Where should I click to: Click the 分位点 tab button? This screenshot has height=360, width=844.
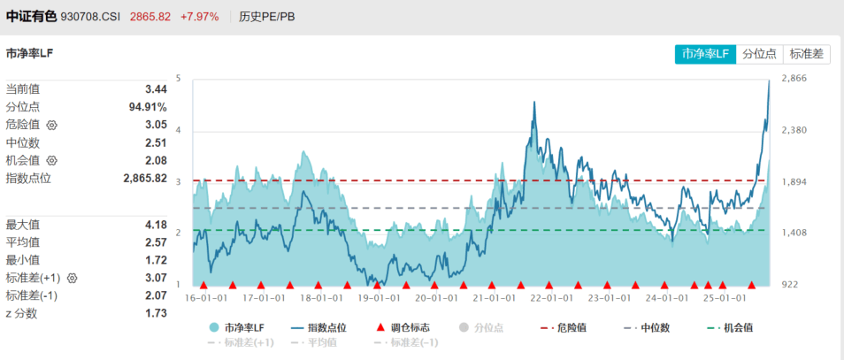point(759,54)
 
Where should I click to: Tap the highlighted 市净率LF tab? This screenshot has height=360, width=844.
point(705,54)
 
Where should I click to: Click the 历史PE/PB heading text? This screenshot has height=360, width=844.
point(267,17)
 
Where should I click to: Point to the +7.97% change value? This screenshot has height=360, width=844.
point(199,17)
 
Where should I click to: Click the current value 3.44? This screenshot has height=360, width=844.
point(156,89)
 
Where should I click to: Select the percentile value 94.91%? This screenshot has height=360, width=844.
point(148,107)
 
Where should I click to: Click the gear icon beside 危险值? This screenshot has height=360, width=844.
point(51,126)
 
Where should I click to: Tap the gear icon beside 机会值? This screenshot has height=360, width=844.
point(51,161)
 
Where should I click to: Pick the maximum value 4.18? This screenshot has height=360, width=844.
point(156,225)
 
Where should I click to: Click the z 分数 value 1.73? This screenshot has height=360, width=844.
point(156,313)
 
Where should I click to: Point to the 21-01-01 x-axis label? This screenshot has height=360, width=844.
point(490,298)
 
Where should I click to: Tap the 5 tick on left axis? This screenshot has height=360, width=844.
point(178,79)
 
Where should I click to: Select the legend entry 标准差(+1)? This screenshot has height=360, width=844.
point(241,342)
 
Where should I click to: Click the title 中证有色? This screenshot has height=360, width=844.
point(31,17)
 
